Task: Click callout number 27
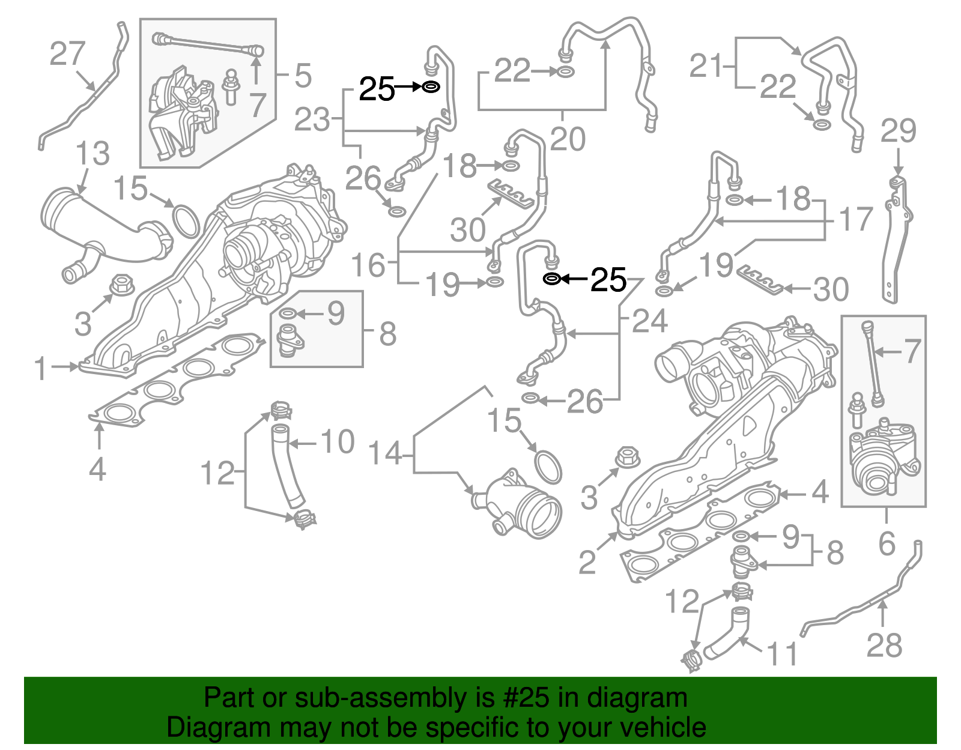coord(67,54)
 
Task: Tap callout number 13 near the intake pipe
coord(92,154)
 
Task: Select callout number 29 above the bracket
coord(899,132)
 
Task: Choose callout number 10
coord(338,443)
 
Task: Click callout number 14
coord(385,453)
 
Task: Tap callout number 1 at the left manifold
coord(40,368)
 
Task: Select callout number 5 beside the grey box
coord(303,76)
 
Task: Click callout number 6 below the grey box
coord(887,543)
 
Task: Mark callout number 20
coord(568,139)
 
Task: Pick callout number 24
coord(650,321)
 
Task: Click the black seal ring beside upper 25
coord(431,87)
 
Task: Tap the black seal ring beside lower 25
coord(552,279)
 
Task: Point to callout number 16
coord(368,265)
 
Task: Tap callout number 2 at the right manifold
coord(587,561)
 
